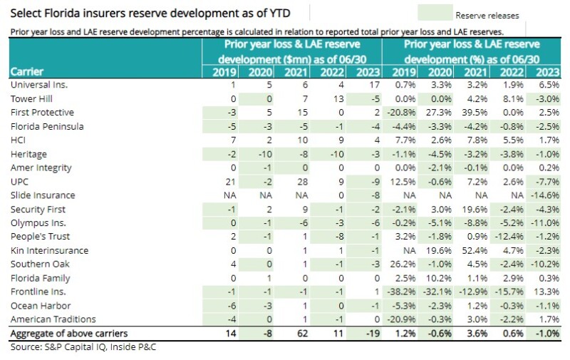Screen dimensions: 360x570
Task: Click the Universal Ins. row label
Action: pyautogui.click(x=35, y=85)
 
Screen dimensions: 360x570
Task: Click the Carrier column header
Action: pyautogui.click(x=26, y=71)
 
